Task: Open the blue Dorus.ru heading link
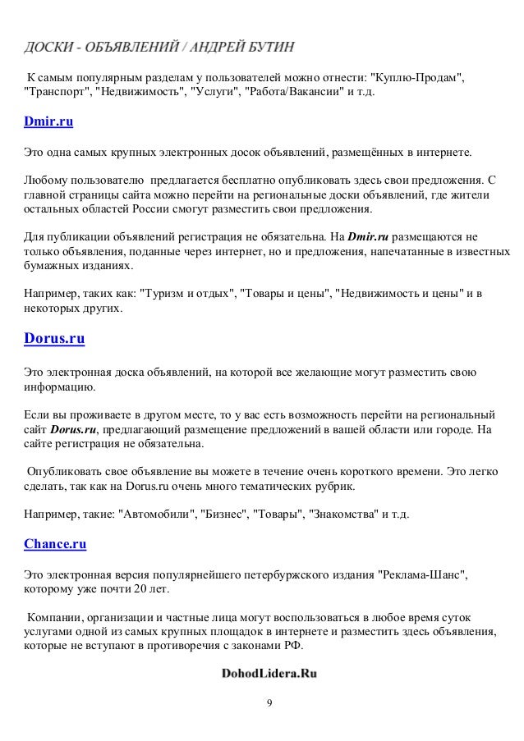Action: click(54, 337)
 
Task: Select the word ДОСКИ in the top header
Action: click(48, 43)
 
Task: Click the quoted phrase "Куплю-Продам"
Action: click(417, 77)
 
